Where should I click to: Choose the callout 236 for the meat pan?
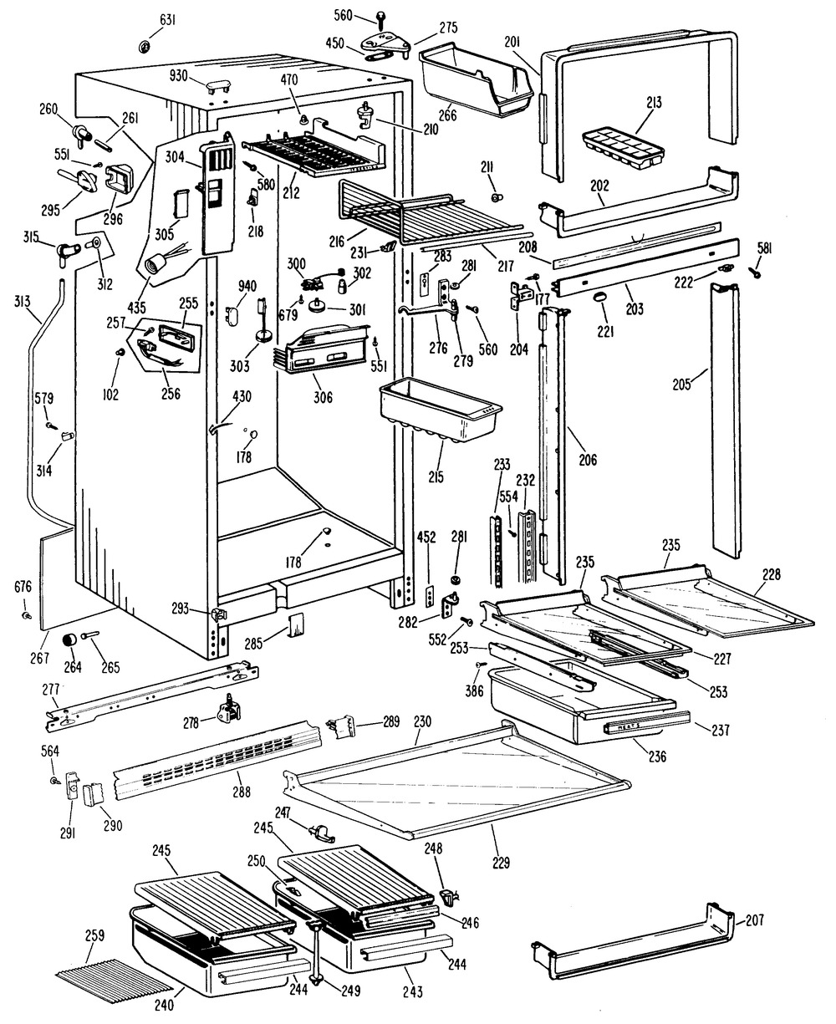[656, 757]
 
